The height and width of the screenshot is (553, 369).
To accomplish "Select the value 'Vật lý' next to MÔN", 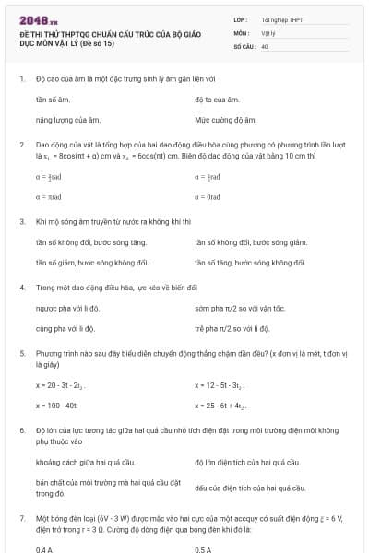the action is pyautogui.click(x=268, y=31).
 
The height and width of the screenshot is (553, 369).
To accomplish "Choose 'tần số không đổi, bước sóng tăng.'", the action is pyautogui.click(x=90, y=242).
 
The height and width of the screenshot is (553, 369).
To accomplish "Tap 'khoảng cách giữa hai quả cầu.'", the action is pyautogui.click(x=85, y=461).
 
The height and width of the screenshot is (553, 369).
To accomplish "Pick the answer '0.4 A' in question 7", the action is pyautogui.click(x=44, y=549).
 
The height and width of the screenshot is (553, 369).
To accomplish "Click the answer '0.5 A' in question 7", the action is pyautogui.click(x=204, y=549).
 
